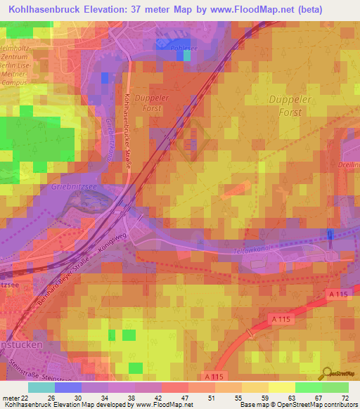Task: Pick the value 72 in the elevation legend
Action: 344,398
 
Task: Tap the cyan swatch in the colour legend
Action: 41,387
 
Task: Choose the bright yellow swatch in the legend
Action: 281,387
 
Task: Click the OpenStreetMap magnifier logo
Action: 326,374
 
